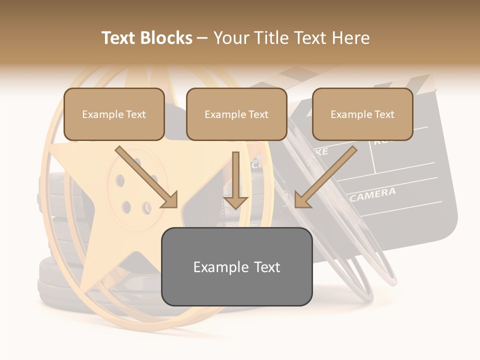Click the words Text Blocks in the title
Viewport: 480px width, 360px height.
[x=146, y=38]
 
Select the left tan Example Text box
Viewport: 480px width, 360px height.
[x=114, y=114]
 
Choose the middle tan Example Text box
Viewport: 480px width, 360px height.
[x=236, y=114]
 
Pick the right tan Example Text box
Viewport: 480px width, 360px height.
[x=362, y=114]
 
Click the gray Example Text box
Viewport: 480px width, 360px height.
[x=236, y=266]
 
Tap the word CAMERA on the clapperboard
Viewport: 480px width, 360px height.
[x=372, y=194]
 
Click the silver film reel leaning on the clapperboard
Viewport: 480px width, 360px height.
[x=345, y=250]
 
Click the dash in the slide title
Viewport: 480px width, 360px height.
[x=202, y=38]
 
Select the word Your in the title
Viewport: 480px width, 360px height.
[x=230, y=38]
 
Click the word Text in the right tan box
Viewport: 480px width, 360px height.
[x=384, y=114]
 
